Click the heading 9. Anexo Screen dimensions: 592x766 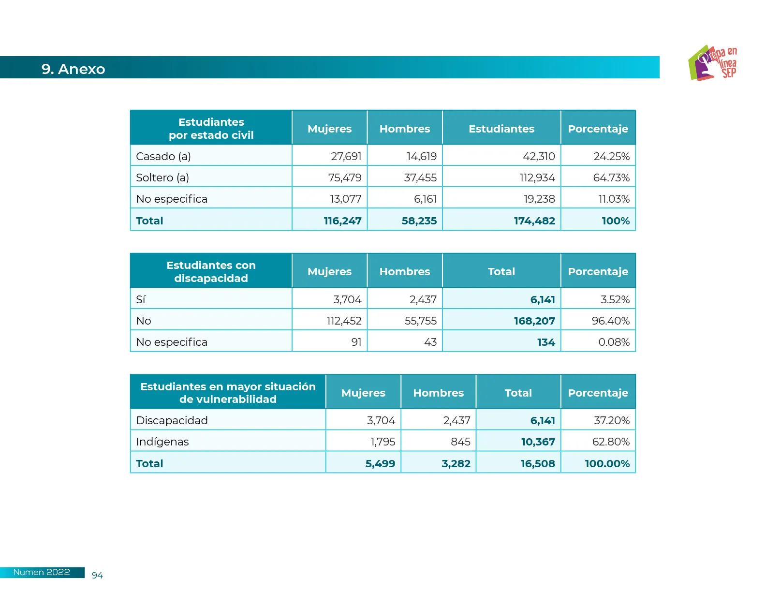pos(73,69)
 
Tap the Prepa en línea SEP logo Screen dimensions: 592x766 pos(712,63)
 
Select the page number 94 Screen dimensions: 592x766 pos(97,575)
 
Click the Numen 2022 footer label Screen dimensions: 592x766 pos(42,572)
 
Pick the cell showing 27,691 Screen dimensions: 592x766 pos(346,156)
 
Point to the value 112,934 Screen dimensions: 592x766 pos(537,178)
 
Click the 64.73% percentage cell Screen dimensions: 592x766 pos(611,178)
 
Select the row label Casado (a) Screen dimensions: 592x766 pos(163,156)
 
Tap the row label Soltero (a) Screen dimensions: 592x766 pos(162,178)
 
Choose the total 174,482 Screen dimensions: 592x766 pos(534,221)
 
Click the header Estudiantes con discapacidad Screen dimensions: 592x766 pos(211,271)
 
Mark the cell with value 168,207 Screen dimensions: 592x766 pos(534,321)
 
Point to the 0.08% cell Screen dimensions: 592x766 pos(614,342)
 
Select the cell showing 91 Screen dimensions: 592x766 pos(356,342)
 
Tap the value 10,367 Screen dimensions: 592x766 pos(538,442)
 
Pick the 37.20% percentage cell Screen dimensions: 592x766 pos(611,420)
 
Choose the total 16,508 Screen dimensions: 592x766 pos(537,463)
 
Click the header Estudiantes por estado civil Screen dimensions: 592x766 pos(211,128)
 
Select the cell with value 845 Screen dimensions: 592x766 pos(460,442)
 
